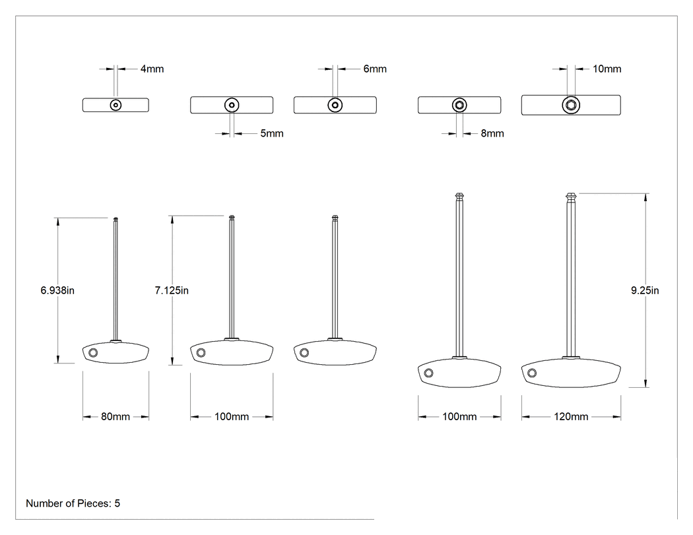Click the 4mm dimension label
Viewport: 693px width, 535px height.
152,69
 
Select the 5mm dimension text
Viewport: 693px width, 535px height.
272,133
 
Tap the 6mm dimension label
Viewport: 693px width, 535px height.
375,69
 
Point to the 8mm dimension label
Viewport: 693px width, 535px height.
492,133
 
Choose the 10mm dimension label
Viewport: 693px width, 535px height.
607,69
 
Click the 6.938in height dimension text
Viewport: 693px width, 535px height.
57,290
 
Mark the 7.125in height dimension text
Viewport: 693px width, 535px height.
172,290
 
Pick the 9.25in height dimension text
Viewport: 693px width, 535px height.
645,290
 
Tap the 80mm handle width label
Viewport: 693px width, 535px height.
115,417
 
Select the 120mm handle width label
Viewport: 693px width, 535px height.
571,417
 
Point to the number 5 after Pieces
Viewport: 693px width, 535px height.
117,503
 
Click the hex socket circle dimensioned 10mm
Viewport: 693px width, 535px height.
571,105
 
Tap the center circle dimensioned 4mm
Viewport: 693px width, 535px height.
115,105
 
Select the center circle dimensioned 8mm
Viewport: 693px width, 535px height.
459,105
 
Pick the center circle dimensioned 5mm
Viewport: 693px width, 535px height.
232,105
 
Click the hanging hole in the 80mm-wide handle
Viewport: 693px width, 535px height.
93,352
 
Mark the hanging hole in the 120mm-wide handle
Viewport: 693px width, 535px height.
532,373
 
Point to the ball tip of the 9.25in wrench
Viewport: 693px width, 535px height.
571,196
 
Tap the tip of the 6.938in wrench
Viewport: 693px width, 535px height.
115,219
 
